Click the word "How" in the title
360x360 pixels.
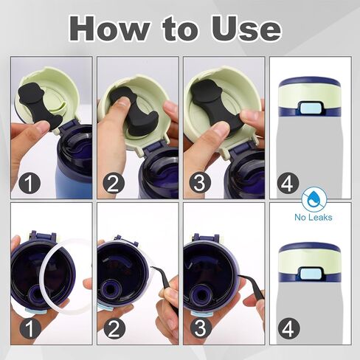coord(109,28)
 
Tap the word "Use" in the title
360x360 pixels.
coord(246,28)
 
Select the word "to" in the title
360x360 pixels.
coord(180,29)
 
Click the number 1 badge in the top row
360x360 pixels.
coord(30,183)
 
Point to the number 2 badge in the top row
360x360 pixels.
coord(114,183)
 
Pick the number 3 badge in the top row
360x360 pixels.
coord(200,183)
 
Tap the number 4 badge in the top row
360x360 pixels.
coord(288,184)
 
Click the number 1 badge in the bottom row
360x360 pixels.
coord(30,328)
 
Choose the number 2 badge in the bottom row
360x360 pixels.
coord(114,328)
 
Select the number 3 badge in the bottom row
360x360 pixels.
coord(201,328)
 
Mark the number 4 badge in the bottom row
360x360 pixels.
coord(288,329)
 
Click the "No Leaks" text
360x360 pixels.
coord(314,217)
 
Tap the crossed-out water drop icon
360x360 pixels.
coord(314,199)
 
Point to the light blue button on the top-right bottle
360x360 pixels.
coord(310,108)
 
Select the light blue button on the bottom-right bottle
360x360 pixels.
coord(310,274)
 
